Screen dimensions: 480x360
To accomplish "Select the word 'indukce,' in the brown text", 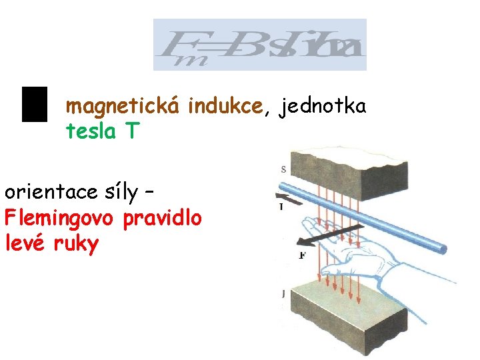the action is [229, 106].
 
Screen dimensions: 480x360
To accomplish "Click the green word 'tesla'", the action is [91, 131].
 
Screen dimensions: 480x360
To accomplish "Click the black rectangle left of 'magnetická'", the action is [35, 104].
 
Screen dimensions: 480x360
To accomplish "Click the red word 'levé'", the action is [27, 243].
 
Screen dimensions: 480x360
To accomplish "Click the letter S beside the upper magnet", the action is [283, 170].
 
